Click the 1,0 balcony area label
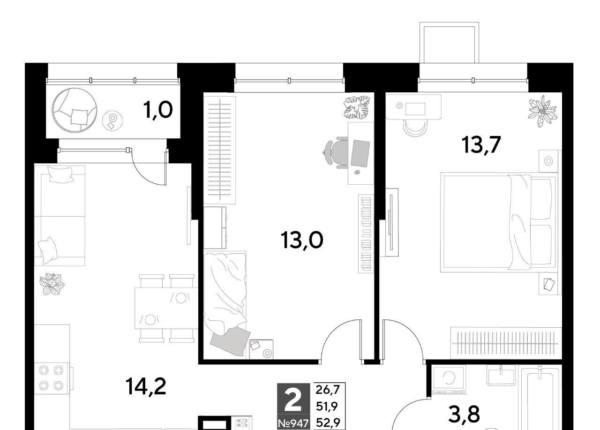tap(158, 110)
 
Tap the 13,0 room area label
tap(301, 240)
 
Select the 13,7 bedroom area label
tap(481, 145)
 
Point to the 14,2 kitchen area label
tap(146, 386)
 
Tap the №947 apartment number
tap(293, 423)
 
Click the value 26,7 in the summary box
tap(328, 390)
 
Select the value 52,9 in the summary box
tap(328, 423)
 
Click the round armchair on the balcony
tap(75, 110)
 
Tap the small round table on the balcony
tap(112, 121)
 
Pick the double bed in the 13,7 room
tap(499, 222)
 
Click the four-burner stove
tap(51, 378)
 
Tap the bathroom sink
tap(501, 377)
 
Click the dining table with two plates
tap(166, 308)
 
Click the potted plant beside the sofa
tap(52, 284)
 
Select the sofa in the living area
tap(60, 216)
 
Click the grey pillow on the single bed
tap(230, 342)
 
